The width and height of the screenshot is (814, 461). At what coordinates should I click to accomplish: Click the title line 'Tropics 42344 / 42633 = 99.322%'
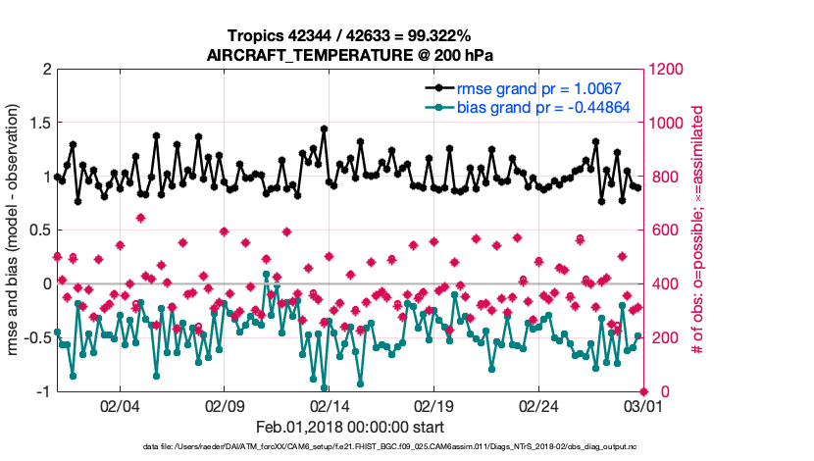click(350, 35)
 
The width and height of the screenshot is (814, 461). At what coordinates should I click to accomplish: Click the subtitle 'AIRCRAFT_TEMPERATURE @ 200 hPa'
click(350, 55)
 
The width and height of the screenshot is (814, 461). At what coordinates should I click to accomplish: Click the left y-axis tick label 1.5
click(38, 124)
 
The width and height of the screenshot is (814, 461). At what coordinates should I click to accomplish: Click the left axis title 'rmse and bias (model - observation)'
click(16, 231)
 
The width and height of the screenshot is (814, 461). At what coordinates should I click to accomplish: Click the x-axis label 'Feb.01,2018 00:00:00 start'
click(350, 427)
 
